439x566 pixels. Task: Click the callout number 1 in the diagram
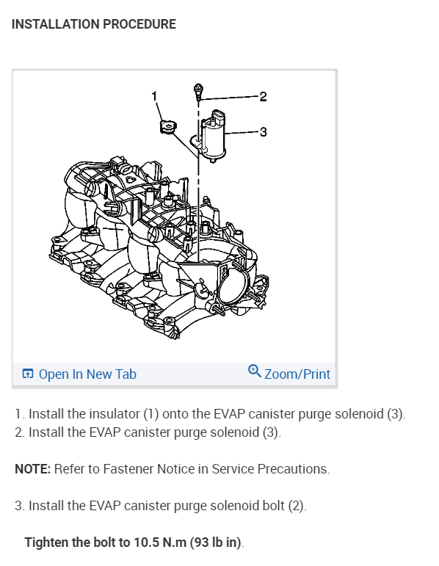(154, 96)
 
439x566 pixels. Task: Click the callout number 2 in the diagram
(264, 97)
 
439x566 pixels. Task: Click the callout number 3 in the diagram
(264, 131)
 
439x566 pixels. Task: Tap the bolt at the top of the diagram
(198, 92)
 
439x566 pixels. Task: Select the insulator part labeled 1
(168, 127)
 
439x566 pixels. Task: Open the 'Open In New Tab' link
(87, 374)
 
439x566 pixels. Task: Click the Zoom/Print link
(297, 374)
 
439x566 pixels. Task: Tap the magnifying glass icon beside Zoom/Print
(255, 371)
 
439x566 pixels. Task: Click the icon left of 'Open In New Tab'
(28, 374)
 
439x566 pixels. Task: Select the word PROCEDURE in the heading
(139, 24)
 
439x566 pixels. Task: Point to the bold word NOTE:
(33, 469)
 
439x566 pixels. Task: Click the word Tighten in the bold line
(46, 543)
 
